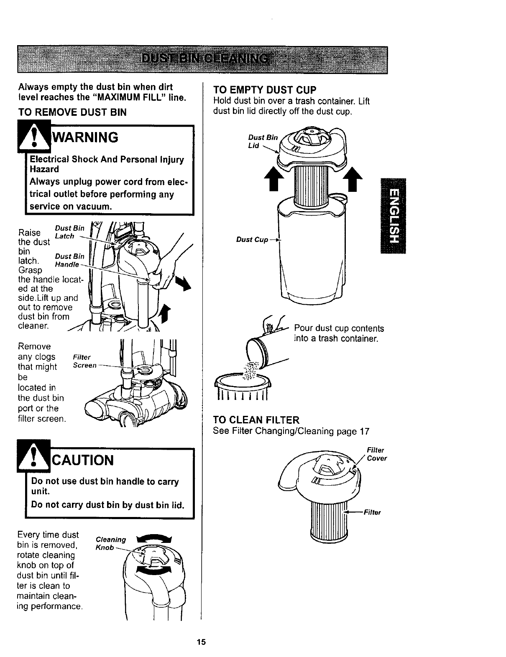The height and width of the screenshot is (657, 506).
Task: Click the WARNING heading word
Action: (84, 137)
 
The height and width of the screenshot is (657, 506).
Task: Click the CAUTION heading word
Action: (82, 460)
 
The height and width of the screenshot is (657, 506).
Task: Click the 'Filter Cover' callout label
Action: (376, 454)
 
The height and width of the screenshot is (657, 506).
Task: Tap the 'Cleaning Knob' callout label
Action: (110, 543)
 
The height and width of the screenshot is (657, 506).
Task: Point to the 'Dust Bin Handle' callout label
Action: (69, 260)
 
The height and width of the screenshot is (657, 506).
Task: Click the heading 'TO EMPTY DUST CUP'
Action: (265, 90)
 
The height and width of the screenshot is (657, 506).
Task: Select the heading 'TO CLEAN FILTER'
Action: (256, 420)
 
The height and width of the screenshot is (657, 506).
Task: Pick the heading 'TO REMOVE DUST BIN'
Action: (72, 112)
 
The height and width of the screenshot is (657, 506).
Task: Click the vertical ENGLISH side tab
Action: (393, 215)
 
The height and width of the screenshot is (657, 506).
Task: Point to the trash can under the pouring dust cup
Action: (242, 387)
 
